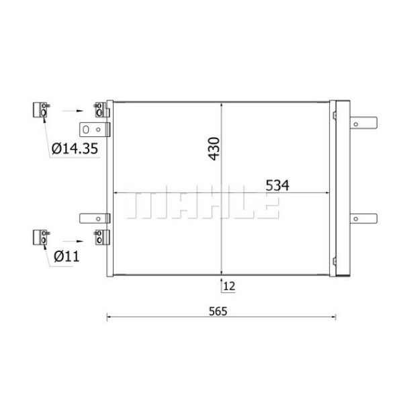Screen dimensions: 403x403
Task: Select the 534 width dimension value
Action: tap(273, 185)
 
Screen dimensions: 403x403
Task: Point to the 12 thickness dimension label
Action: tap(229, 285)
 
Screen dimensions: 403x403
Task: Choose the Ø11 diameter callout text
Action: tap(67, 256)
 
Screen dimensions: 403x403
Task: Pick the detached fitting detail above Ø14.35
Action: tap(41, 110)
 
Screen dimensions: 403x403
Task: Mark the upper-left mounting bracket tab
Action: tap(93, 129)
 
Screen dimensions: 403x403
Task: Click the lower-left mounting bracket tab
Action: tap(93, 218)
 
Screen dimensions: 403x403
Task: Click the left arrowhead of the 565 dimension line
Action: tap(109, 316)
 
